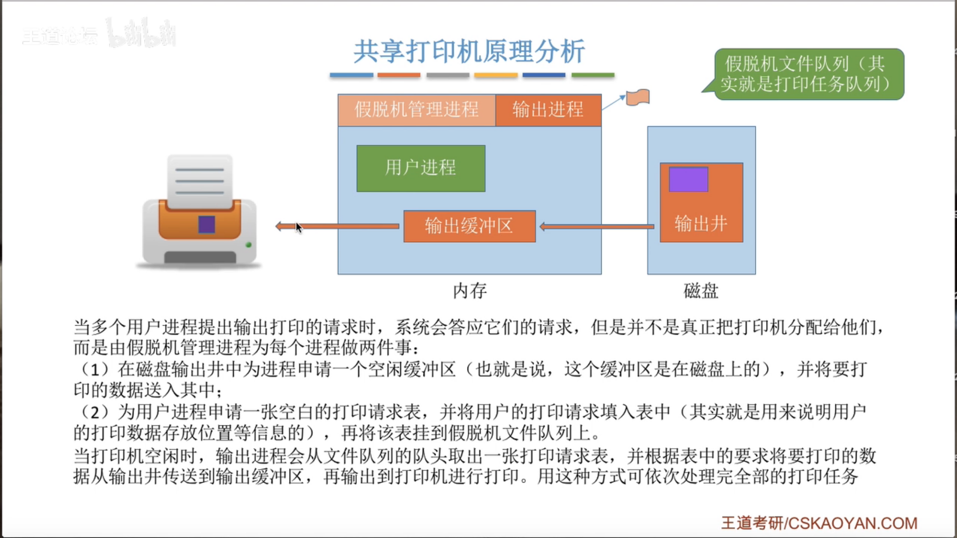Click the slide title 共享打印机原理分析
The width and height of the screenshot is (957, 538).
tap(469, 51)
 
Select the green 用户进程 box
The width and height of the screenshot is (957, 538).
tap(421, 168)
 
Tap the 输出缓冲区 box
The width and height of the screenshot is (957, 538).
tap(469, 226)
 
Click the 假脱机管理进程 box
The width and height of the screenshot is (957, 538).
tap(416, 110)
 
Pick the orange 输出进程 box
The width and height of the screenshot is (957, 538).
tap(548, 110)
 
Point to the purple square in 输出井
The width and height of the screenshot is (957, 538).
tap(688, 179)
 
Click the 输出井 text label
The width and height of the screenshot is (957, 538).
tap(701, 224)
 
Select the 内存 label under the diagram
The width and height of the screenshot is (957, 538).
tap(470, 291)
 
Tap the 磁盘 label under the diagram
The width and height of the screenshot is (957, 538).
tap(701, 291)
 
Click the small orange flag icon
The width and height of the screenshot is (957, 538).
tap(638, 97)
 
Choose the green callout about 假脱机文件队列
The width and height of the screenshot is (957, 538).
tap(808, 74)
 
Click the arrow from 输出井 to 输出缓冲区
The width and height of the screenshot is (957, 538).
tap(597, 227)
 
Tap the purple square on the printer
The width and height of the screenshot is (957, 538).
tap(206, 225)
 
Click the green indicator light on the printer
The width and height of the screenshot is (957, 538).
tap(248, 245)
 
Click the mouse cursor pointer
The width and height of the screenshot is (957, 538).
tap(298, 227)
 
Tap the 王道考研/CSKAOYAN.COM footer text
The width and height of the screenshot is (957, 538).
tap(819, 523)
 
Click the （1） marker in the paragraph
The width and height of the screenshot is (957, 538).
tap(94, 370)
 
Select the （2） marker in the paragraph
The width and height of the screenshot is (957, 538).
tap(94, 412)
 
